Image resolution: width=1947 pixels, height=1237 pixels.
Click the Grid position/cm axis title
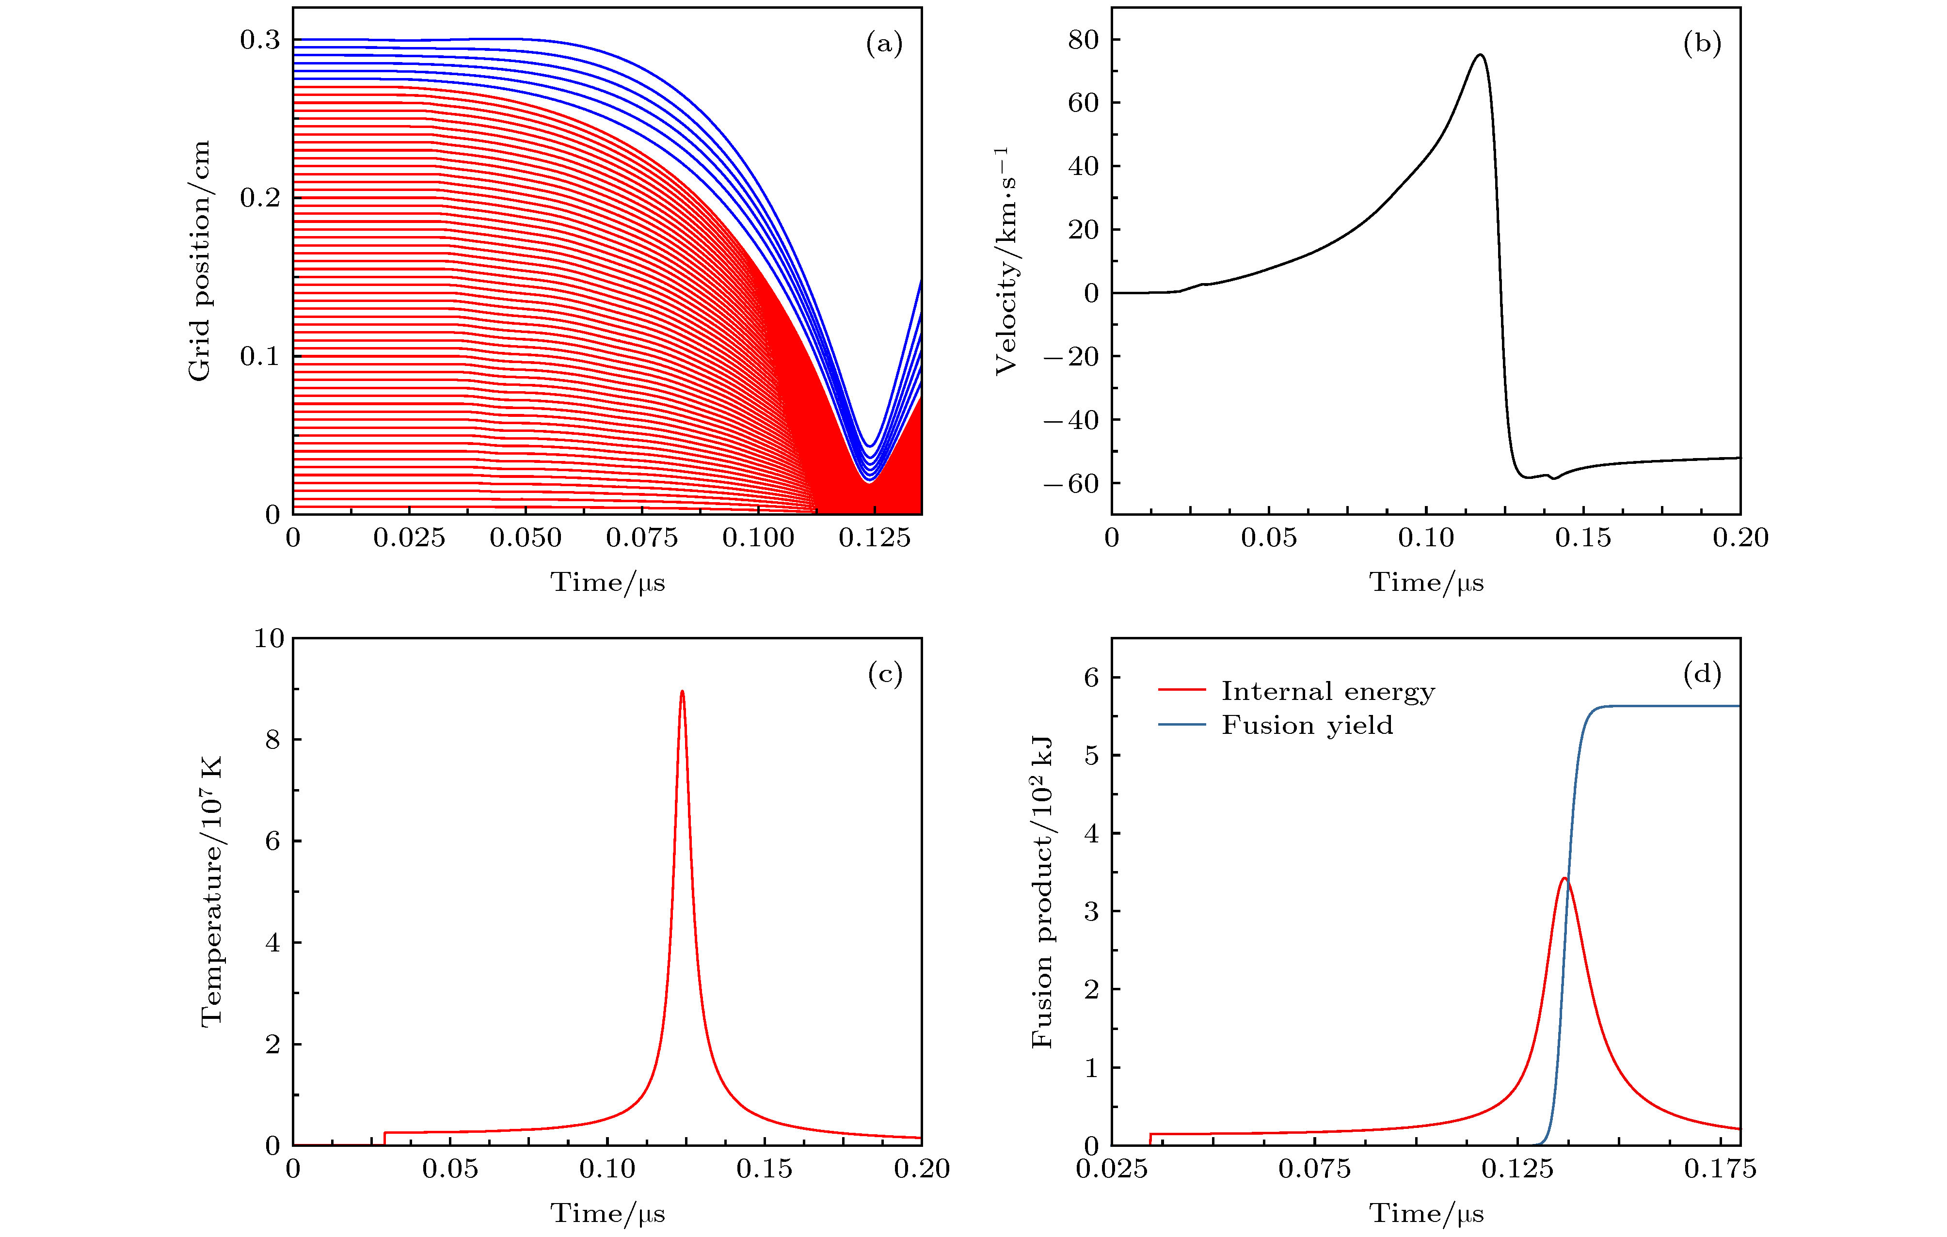[199, 260]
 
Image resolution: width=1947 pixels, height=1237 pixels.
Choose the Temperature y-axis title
[211, 891]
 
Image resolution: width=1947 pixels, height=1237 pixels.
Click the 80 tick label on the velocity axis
[1084, 40]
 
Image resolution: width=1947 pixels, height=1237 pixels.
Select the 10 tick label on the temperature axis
[269, 639]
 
